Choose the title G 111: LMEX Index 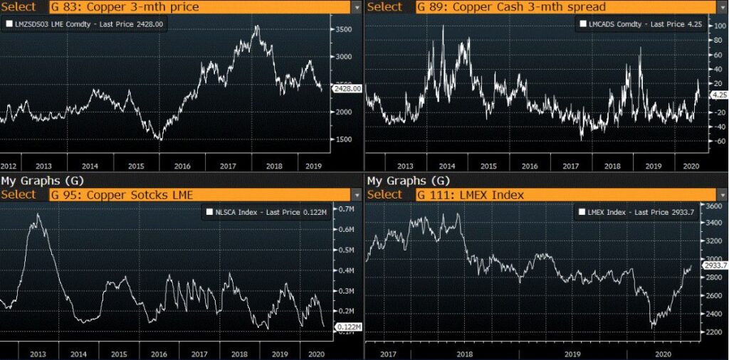tap(471, 195)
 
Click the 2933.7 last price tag tap(714, 265)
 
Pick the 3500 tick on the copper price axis tap(345, 30)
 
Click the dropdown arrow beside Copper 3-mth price tap(356, 7)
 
